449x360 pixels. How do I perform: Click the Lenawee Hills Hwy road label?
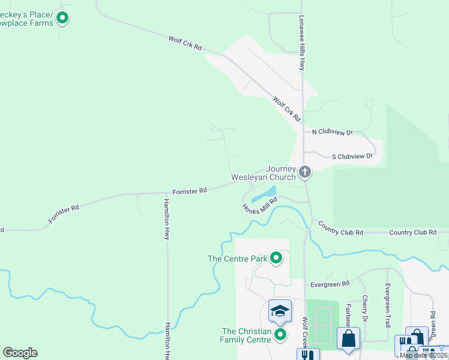point(302,43)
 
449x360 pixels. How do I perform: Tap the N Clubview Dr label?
point(333,132)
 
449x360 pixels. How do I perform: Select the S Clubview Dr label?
point(352,157)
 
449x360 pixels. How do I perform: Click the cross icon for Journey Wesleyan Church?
point(305,173)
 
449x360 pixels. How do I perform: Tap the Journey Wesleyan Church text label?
point(264,173)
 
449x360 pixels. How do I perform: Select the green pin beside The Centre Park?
point(276,259)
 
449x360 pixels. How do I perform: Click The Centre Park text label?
point(237,259)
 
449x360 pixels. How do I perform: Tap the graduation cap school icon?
point(280,311)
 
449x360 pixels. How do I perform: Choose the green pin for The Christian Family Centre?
point(280,334)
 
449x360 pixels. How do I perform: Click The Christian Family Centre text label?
point(246,335)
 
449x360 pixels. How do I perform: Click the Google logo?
point(20,353)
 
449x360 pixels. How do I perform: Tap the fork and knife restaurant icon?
point(307,355)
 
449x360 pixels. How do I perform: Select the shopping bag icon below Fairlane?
point(348,338)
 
